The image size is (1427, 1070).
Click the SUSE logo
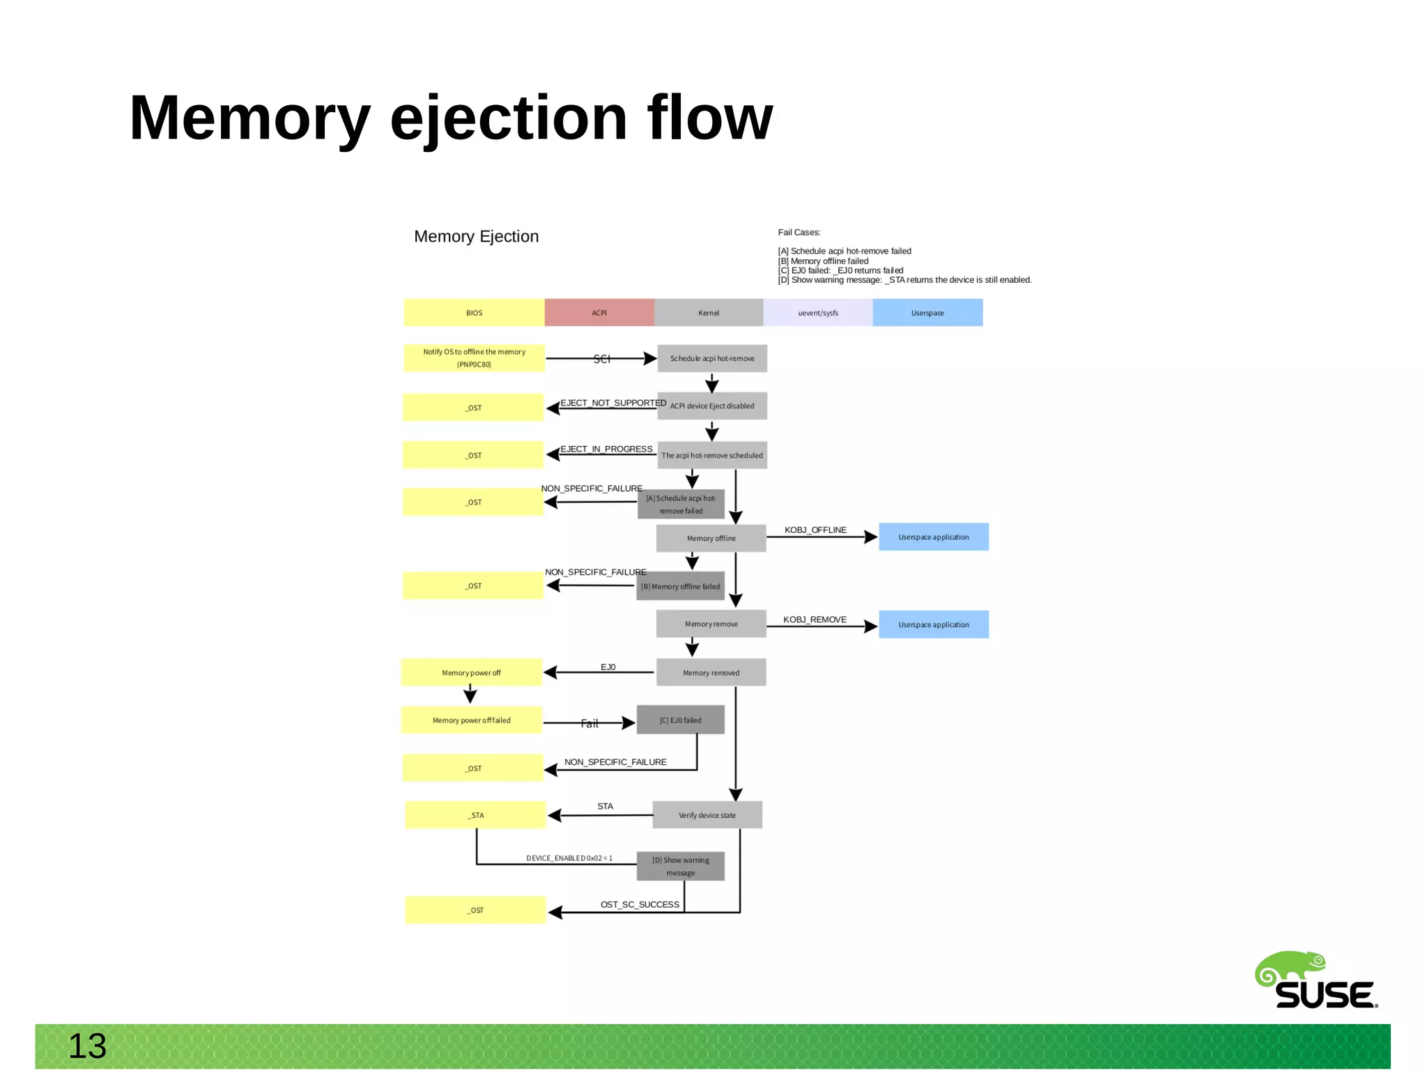click(1316, 981)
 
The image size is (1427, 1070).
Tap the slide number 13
click(87, 1046)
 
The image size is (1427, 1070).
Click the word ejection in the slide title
click(509, 118)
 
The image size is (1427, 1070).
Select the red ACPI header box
click(599, 313)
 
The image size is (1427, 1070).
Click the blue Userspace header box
click(927, 313)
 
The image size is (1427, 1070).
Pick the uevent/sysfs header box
click(818, 313)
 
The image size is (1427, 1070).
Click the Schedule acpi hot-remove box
click(712, 359)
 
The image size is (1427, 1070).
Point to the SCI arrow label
click(601, 359)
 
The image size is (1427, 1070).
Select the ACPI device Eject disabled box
click(712, 406)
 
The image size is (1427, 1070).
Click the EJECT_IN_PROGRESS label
click(606, 449)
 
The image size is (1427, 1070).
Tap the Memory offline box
click(711, 538)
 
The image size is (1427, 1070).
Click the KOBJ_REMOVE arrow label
click(815, 619)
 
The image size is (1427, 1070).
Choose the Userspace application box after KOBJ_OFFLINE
click(934, 537)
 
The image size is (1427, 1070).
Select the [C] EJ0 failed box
click(681, 720)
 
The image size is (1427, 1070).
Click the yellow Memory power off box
click(472, 673)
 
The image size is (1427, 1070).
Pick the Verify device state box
click(707, 815)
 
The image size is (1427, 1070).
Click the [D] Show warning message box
click(681, 867)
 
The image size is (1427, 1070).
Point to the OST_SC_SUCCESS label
click(640, 904)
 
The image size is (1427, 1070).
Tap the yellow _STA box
click(476, 815)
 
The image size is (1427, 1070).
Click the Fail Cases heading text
click(799, 233)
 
